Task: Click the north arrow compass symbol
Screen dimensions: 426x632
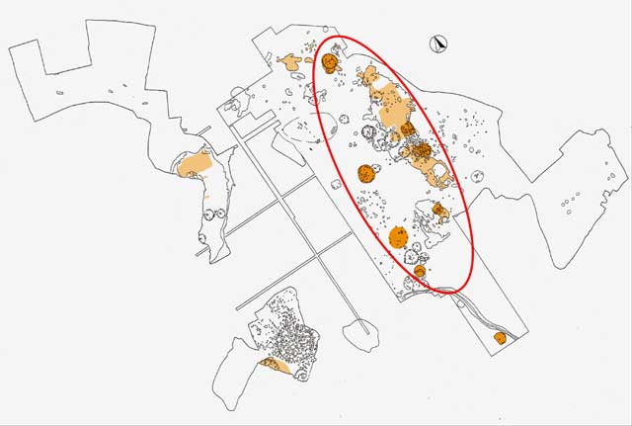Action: pos(439,43)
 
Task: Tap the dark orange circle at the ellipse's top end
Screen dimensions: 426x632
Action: pos(330,63)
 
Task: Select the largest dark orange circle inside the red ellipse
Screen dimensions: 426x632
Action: pos(399,236)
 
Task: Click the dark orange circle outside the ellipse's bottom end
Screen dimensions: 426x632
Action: pos(500,338)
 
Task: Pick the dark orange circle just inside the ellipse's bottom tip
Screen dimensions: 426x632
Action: pos(420,271)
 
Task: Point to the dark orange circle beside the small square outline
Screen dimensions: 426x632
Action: pos(368,173)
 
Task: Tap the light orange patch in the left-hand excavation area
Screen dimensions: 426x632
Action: pos(195,163)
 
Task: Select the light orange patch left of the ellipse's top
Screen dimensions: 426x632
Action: pos(291,62)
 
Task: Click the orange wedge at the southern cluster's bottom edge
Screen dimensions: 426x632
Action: pos(274,367)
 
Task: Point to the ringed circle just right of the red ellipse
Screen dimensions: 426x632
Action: pos(479,177)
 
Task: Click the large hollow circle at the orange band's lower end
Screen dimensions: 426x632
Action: pos(440,175)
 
